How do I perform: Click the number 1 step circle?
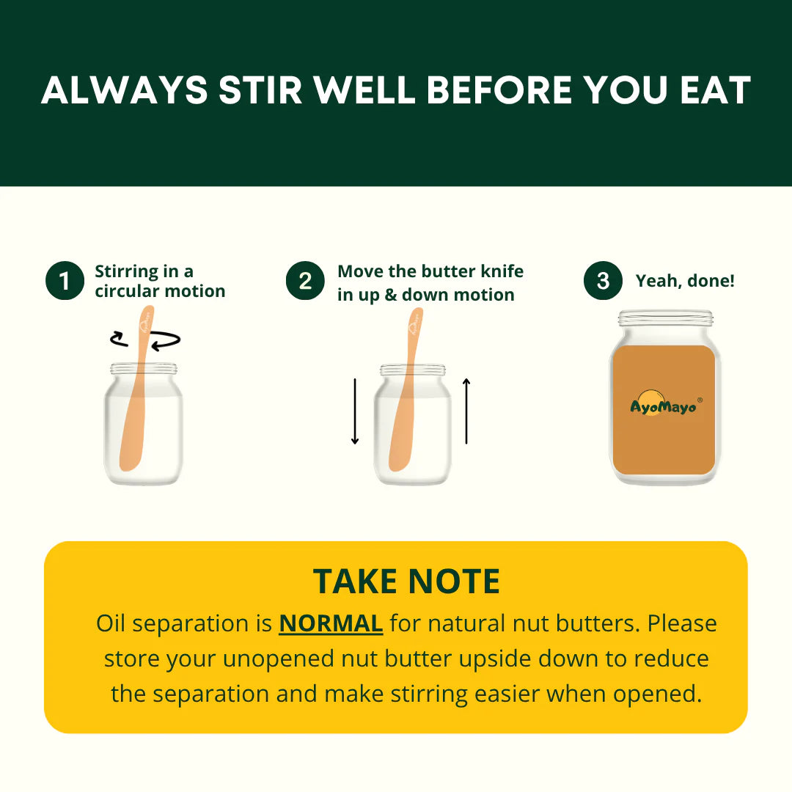65,280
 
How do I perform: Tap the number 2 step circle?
305,280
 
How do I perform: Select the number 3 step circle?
603,280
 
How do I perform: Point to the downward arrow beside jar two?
355,411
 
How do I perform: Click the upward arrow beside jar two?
466,411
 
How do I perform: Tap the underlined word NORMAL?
331,623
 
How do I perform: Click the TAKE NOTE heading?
406,582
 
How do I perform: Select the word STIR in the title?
260,91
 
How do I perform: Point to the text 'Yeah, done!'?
685,281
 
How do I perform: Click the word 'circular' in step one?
127,291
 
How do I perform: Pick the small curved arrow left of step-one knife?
120,339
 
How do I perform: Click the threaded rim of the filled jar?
666,318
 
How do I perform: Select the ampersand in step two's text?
390,295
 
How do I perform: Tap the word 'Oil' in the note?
111,623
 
